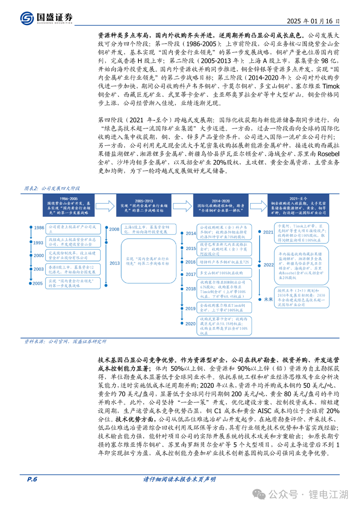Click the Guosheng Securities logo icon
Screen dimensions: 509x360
(x=27, y=18)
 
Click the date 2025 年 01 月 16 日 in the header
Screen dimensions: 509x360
(x=313, y=21)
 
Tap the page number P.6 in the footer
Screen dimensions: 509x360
(x=32, y=479)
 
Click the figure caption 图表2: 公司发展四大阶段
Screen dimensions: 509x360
(x=52, y=188)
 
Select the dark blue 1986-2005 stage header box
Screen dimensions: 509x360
(x=69, y=206)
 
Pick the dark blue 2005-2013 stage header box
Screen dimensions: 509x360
(x=144, y=206)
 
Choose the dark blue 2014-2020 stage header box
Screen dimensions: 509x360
(x=221, y=206)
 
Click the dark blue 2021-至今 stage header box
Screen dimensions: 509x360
(x=298, y=206)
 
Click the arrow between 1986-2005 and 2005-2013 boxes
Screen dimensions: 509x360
(x=105, y=206)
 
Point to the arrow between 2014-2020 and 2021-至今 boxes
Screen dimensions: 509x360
(x=258, y=206)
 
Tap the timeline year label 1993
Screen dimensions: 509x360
(x=38, y=243)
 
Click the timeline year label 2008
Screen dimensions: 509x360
(x=114, y=229)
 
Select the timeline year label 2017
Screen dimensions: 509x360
(x=191, y=274)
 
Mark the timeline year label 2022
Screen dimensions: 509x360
(x=268, y=265)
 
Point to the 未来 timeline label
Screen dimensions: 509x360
(x=268, y=299)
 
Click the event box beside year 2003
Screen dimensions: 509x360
(x=73, y=270)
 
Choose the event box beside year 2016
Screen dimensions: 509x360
(x=224, y=262)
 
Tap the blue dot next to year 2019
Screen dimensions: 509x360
(x=182, y=308)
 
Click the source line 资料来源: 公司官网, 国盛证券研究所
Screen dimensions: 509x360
(x=65, y=342)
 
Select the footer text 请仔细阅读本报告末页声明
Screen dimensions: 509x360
(x=179, y=479)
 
